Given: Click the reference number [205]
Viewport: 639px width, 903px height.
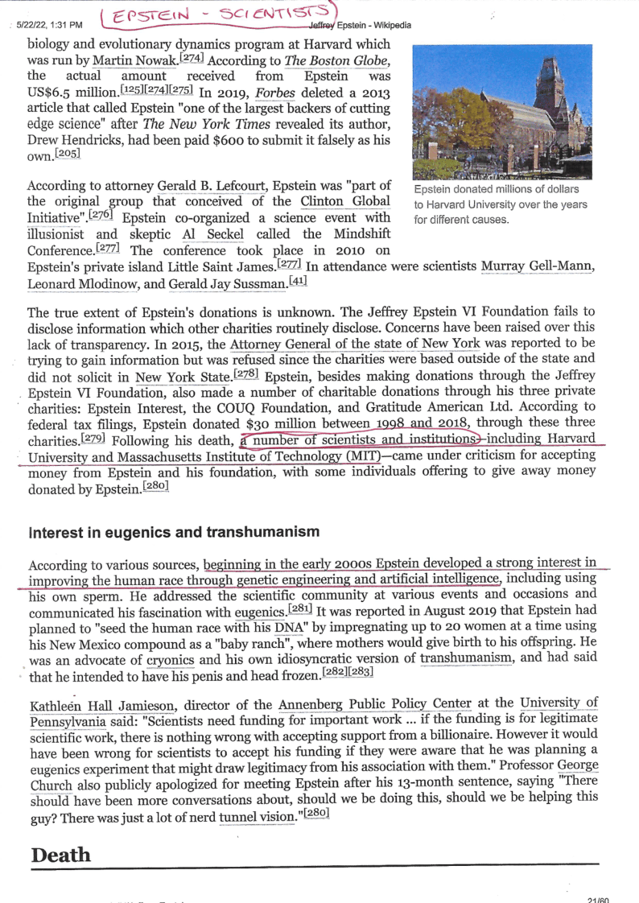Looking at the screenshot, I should [x=61, y=155].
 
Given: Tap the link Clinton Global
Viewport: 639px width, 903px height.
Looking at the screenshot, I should [x=345, y=201].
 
